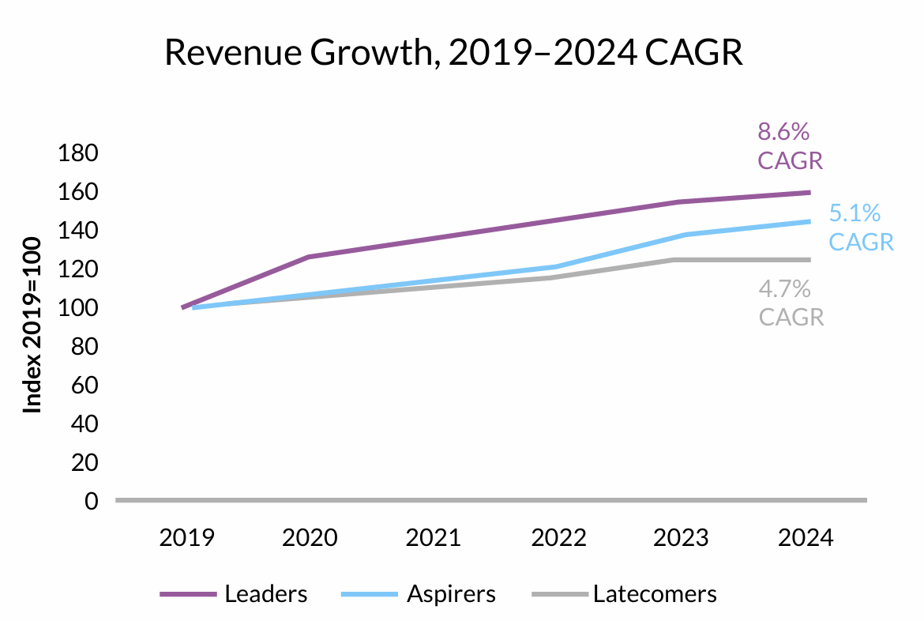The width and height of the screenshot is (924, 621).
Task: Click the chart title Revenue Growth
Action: (453, 53)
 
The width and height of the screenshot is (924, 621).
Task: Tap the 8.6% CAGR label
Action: (790, 146)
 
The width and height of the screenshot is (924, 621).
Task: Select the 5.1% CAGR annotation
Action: (861, 228)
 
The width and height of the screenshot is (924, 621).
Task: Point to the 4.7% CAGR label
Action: (791, 303)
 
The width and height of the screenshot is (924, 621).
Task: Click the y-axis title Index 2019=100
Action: (32, 325)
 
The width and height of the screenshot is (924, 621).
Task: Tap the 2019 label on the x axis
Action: (186, 538)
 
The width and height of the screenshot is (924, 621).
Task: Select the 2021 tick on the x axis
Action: (434, 538)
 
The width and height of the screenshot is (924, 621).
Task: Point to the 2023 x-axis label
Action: (682, 538)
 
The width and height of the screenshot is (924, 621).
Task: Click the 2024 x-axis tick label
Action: (806, 538)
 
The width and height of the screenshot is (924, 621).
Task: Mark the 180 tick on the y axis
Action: (77, 153)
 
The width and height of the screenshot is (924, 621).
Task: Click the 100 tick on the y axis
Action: (77, 308)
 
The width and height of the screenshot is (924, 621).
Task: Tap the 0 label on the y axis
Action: (90, 502)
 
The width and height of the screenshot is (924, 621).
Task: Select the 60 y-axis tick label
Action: (83, 386)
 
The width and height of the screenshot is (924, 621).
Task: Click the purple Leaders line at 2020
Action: (309, 257)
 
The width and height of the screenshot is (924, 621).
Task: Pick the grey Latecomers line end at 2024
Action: (808, 259)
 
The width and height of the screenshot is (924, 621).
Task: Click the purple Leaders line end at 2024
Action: (808, 192)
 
